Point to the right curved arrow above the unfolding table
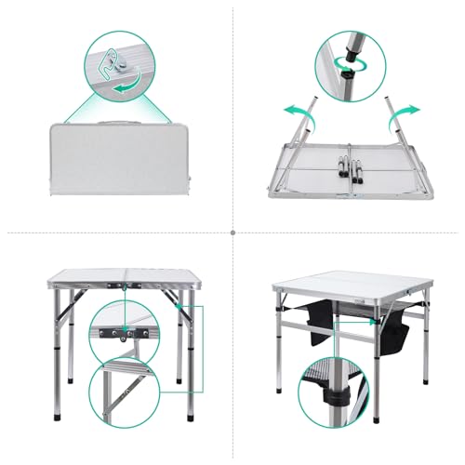407,110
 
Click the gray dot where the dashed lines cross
232,232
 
